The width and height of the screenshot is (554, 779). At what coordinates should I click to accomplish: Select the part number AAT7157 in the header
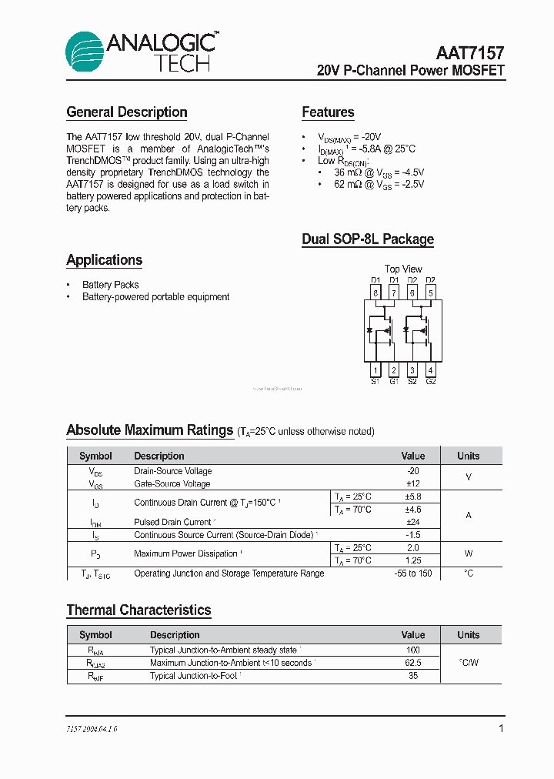(470, 53)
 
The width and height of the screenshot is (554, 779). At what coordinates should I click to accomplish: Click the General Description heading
(127, 112)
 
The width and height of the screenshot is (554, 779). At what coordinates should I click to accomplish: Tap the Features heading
(328, 112)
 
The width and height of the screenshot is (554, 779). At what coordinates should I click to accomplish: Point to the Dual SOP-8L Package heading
(368, 239)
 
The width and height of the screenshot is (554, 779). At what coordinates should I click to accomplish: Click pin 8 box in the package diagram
(375, 293)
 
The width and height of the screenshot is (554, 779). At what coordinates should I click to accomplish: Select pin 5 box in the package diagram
(430, 293)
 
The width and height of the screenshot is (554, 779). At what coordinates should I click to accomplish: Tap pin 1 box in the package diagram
(375, 369)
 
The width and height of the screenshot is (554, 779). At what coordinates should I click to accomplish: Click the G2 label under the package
(430, 382)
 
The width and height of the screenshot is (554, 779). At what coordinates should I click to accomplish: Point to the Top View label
(402, 269)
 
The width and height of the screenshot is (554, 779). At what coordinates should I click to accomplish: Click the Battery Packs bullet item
(111, 285)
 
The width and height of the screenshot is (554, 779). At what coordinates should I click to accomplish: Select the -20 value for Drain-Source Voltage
(413, 471)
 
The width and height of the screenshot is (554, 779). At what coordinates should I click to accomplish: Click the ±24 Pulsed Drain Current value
(413, 522)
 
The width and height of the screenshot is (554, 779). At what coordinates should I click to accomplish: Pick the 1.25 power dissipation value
(413, 560)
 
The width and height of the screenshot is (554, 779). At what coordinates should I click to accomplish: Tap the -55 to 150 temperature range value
(413, 573)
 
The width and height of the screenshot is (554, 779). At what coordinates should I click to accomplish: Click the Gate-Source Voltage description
(172, 484)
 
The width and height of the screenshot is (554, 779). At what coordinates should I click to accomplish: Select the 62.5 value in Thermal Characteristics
(413, 663)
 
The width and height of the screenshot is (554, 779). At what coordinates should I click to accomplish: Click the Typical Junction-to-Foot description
(194, 676)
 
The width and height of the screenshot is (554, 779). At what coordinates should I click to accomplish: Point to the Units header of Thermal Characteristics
(468, 635)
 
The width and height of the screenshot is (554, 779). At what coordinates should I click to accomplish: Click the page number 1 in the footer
(501, 728)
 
